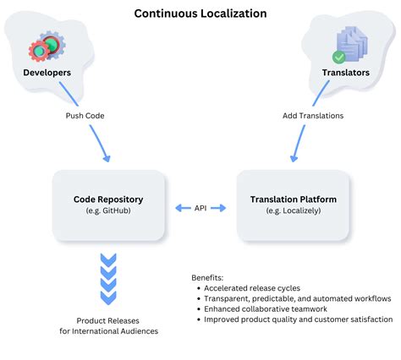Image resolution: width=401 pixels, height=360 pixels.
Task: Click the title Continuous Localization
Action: click(x=200, y=14)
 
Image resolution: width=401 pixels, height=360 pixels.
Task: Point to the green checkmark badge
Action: click(x=338, y=57)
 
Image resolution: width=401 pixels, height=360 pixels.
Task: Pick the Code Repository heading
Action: click(x=107, y=199)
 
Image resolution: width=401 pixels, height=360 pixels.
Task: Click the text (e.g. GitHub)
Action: click(x=107, y=212)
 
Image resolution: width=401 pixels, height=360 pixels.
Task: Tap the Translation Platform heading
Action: click(x=293, y=199)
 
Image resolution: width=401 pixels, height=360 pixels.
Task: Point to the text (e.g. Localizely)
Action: click(x=293, y=212)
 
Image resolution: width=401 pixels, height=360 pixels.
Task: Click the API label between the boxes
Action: click(x=200, y=206)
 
